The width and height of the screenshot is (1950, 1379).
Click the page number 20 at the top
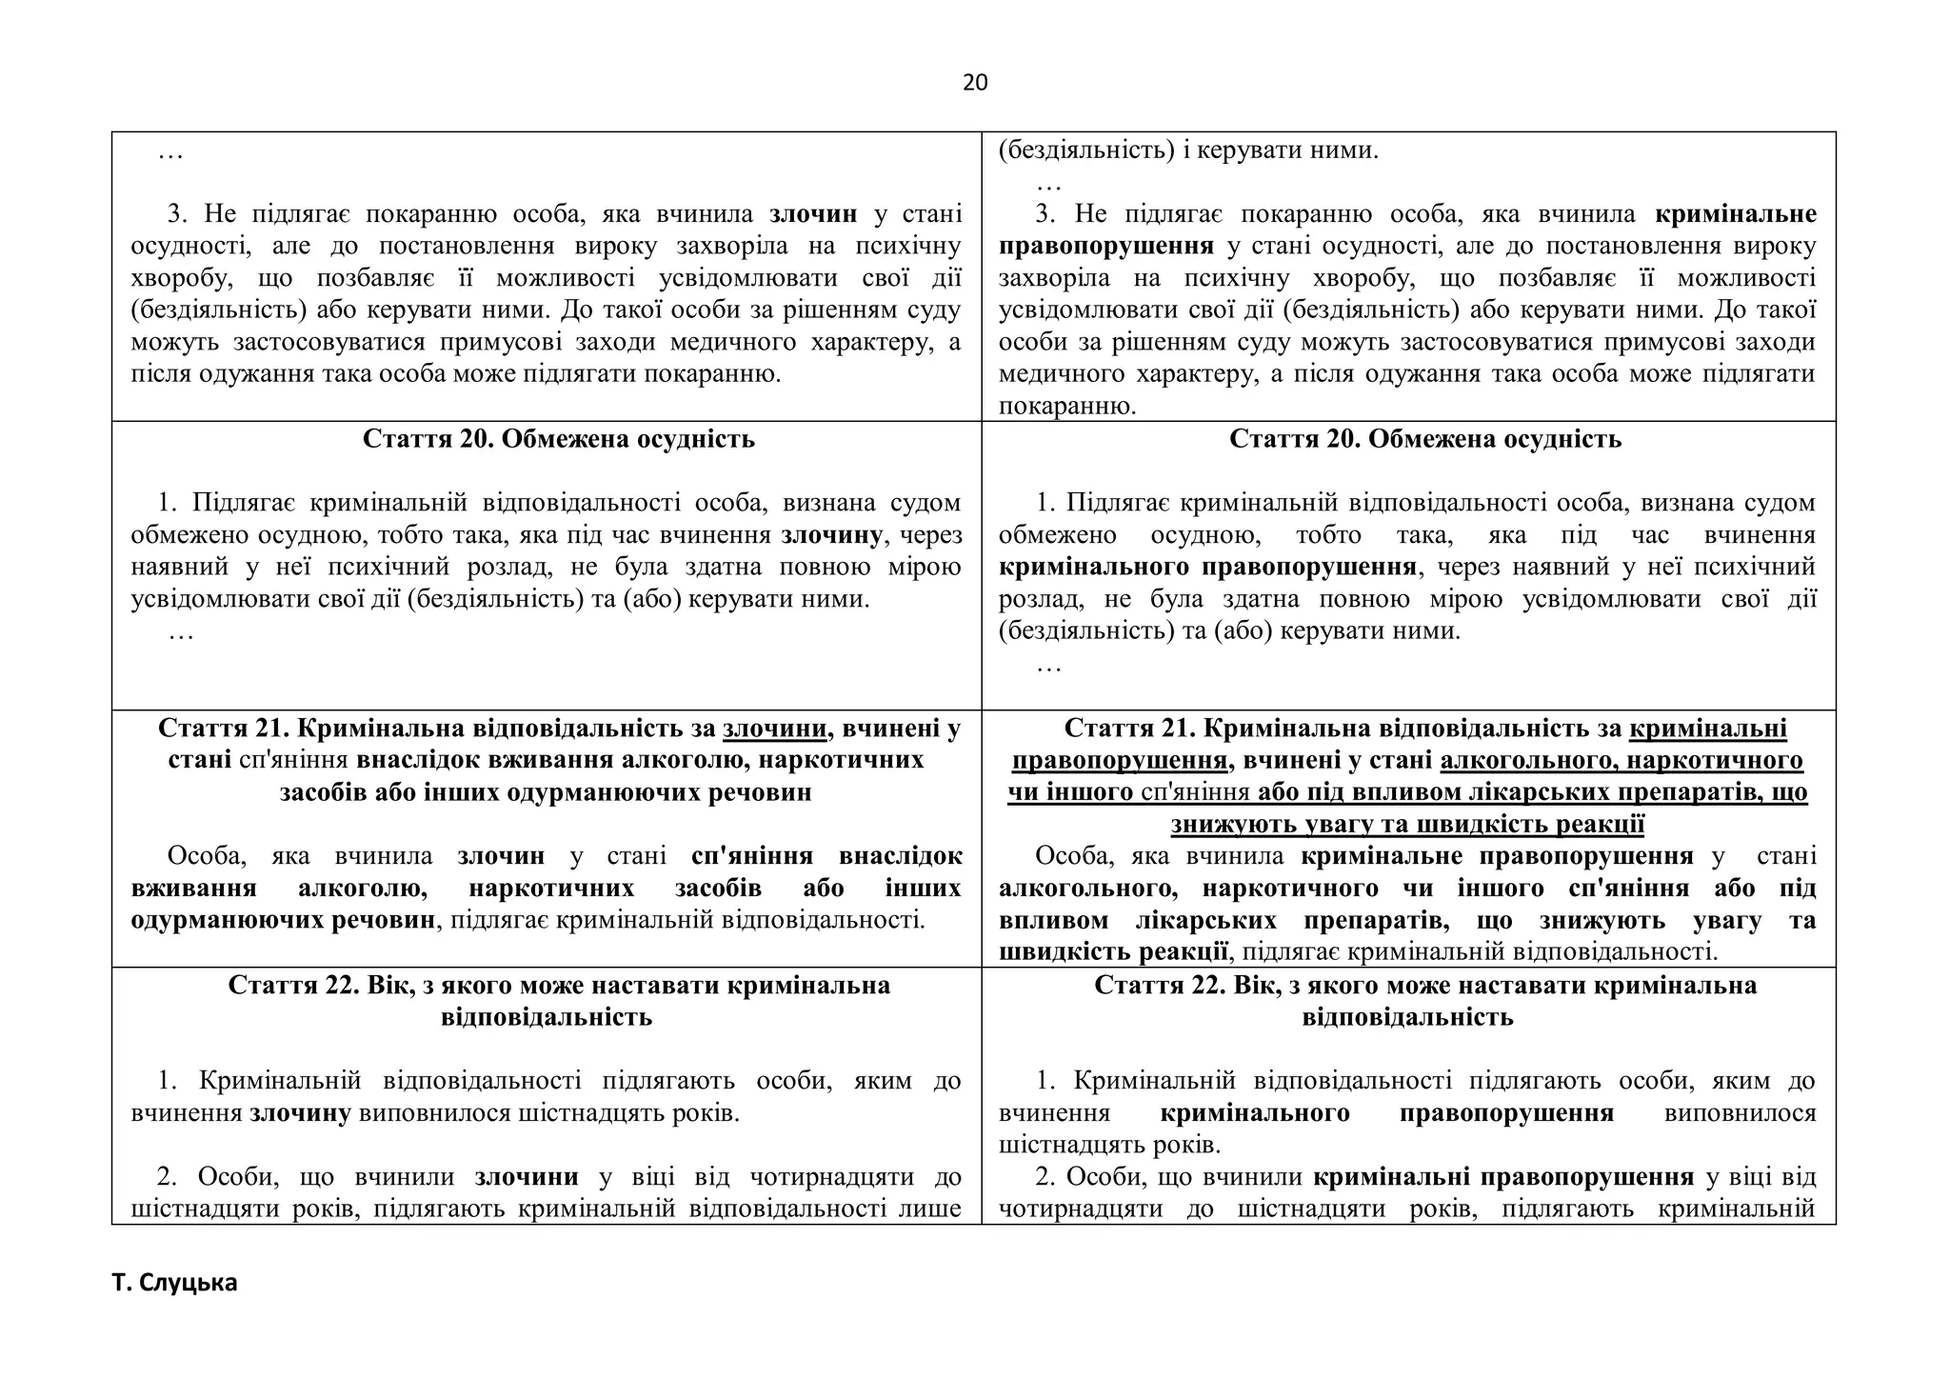(x=975, y=83)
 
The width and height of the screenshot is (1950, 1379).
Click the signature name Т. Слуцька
(x=174, y=1283)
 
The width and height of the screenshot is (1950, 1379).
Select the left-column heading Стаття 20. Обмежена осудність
(x=558, y=439)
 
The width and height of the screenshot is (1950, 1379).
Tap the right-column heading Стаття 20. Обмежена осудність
(x=1425, y=439)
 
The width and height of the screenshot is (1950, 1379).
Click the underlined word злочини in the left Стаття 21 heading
(x=774, y=729)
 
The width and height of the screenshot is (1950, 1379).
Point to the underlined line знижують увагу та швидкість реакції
(x=1407, y=824)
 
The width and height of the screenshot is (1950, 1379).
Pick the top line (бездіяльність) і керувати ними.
(x=1187, y=150)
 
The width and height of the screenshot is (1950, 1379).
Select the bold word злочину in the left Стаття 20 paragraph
(x=831, y=535)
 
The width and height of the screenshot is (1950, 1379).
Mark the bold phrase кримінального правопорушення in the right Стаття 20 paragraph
(x=1207, y=568)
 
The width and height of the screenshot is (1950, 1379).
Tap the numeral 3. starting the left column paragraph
(x=178, y=214)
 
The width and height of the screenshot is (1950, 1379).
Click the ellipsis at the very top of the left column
(x=170, y=152)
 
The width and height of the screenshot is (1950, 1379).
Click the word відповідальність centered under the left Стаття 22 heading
(x=547, y=1017)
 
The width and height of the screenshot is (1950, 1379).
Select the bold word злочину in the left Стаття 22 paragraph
(x=300, y=1113)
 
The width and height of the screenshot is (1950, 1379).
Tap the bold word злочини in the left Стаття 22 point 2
(x=527, y=1177)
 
